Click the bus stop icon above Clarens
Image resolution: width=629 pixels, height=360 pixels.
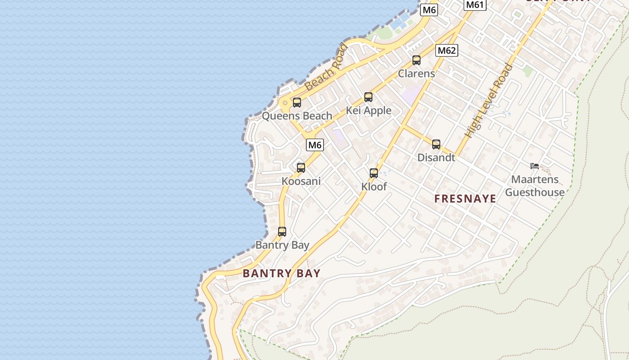coord(416,60)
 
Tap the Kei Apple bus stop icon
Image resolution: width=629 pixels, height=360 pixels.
coord(368,97)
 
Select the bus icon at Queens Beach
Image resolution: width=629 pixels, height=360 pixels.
coord(297,102)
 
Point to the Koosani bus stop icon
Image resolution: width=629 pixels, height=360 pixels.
coord(301,167)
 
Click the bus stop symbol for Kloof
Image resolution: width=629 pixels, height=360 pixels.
coord(374,173)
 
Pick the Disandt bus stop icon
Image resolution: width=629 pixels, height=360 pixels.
coord(436,144)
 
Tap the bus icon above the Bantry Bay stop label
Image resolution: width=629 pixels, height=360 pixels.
coord(282,231)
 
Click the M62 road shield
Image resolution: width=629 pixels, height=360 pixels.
coord(447,50)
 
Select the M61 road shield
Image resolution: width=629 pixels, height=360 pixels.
coord(475,5)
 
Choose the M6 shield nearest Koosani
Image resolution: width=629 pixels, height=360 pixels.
coord(315,145)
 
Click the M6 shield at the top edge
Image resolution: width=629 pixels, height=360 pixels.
coord(429,10)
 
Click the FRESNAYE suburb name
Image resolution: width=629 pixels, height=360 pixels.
coord(465,198)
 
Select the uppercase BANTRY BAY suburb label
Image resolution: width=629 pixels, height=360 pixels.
coord(282,273)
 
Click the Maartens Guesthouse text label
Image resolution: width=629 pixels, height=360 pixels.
coord(535,186)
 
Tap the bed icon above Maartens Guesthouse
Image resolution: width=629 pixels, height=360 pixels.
coord(535,166)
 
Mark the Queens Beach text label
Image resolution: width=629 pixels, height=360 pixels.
coord(297,116)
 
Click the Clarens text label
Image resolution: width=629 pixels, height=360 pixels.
coord(416,73)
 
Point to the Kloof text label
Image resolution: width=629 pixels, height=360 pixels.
coord(374,186)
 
